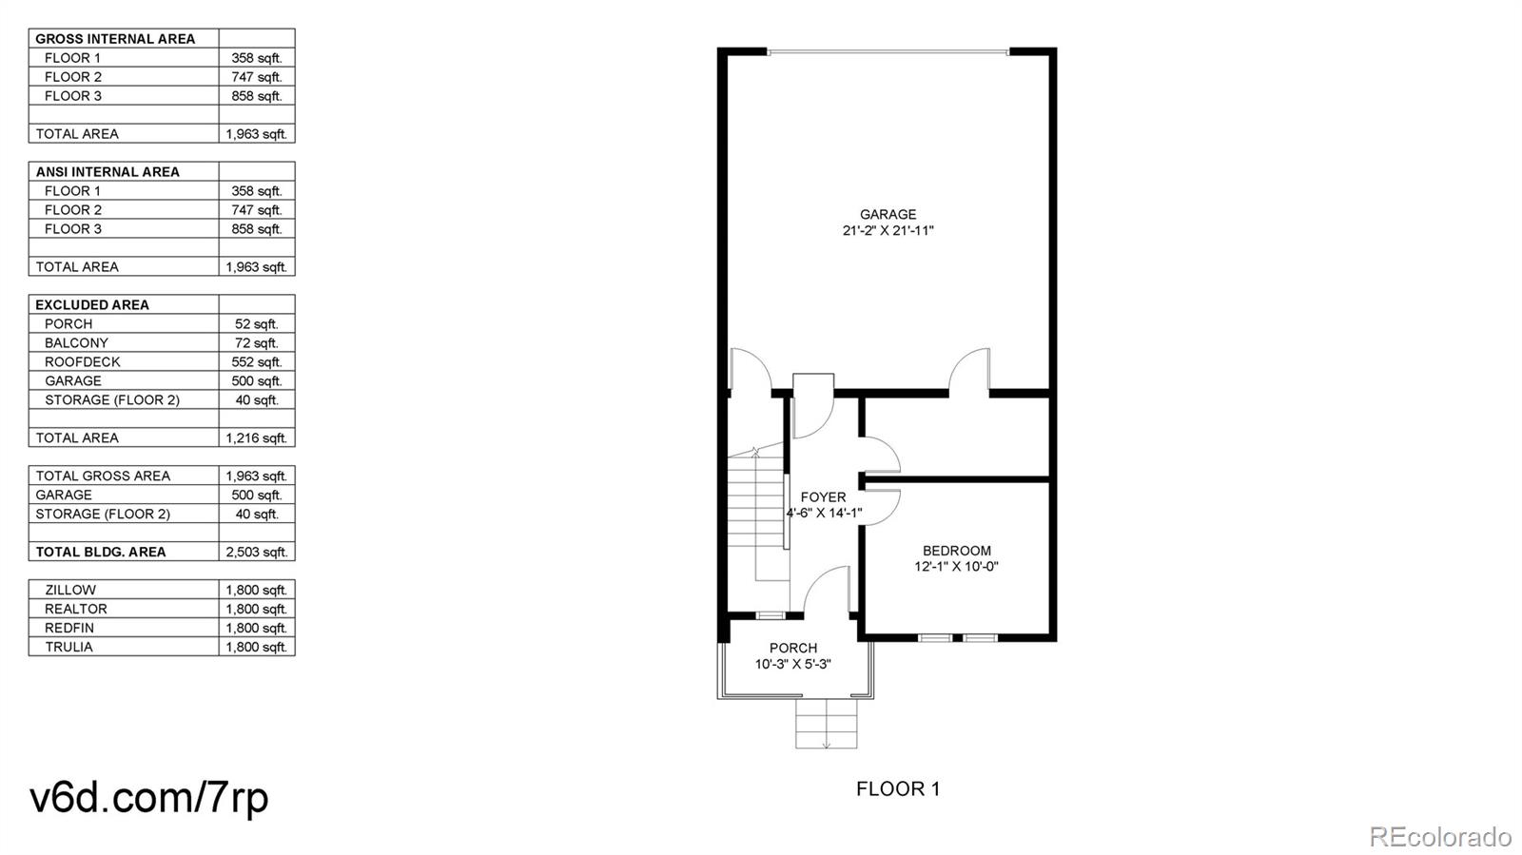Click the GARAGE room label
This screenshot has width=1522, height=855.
pos(888,214)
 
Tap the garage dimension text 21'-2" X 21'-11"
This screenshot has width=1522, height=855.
pos(888,230)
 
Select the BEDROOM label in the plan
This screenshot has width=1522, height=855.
pos(956,551)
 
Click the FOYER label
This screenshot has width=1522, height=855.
pos(823,496)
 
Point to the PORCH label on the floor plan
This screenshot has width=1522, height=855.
pos(793,648)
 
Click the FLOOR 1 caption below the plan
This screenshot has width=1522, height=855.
pos(897,788)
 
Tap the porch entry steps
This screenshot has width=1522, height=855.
pos(826,725)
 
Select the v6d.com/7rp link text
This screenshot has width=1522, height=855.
pos(149,797)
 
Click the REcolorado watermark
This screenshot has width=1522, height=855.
pos(1439,837)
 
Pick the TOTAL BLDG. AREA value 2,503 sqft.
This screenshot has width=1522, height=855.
pos(256,552)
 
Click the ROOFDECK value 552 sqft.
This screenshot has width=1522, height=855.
pos(256,361)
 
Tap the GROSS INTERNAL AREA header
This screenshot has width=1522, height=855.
pos(115,39)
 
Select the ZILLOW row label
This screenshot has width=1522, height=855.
pos(70,590)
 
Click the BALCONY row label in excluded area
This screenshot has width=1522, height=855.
pos(76,342)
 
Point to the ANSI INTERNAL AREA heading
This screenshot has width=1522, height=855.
pos(107,172)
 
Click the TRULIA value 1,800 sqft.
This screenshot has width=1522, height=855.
pos(256,647)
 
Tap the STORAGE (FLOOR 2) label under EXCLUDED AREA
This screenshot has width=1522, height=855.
pos(111,399)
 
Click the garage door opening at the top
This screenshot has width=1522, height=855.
pos(888,51)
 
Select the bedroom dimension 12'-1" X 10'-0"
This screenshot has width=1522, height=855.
pos(956,567)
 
